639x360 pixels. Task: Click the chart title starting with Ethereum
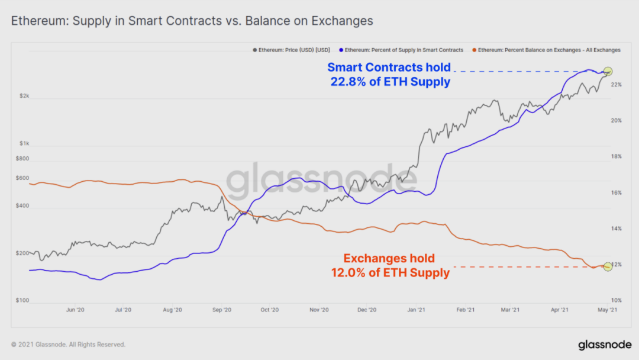click(x=192, y=21)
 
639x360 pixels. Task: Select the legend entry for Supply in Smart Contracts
click(x=402, y=50)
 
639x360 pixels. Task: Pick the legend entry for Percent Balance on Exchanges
click(x=548, y=50)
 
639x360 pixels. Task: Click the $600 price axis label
click(x=22, y=178)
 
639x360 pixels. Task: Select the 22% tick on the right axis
click(x=616, y=85)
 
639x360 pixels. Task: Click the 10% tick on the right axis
click(x=616, y=301)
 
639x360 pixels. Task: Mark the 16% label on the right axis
click(x=616, y=193)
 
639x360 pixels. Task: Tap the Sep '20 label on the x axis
click(x=221, y=310)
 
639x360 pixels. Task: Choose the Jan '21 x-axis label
click(x=417, y=310)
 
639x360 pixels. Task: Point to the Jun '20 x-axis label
click(x=75, y=310)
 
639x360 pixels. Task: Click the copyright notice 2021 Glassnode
click(x=68, y=345)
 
